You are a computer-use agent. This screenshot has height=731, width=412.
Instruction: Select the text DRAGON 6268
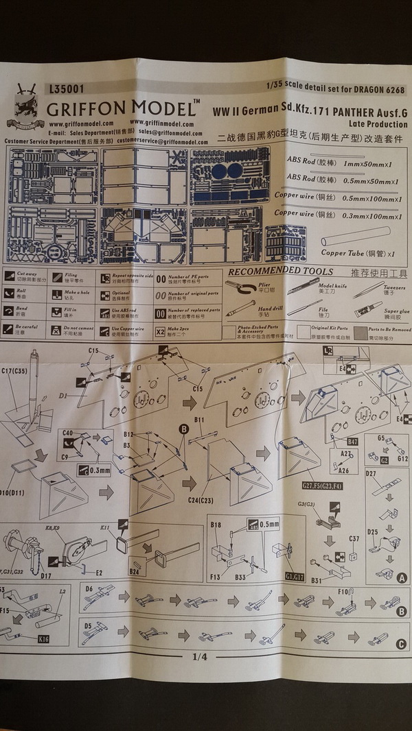coord(377,90)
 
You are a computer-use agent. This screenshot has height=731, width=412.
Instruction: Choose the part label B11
coord(200,419)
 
